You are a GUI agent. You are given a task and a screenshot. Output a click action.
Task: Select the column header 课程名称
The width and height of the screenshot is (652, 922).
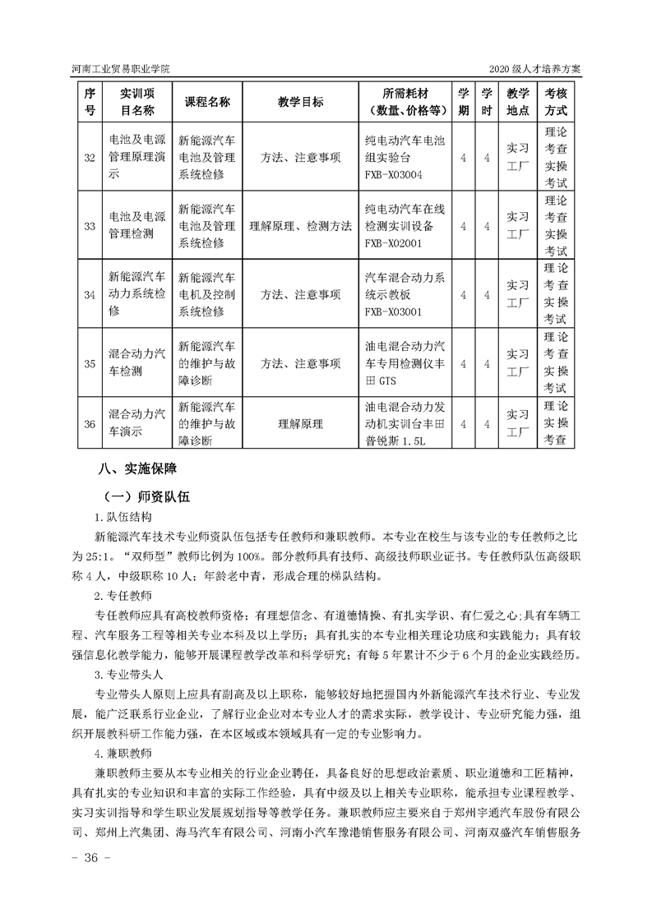(206, 102)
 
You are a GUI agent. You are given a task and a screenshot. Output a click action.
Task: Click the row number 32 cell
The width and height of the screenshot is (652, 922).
(90, 157)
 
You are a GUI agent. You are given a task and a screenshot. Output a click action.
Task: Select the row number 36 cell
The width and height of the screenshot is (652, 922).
(90, 424)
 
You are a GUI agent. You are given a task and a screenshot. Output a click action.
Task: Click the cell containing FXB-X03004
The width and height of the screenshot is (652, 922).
(405, 157)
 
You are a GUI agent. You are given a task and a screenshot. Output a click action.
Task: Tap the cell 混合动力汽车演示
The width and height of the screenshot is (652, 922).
(136, 424)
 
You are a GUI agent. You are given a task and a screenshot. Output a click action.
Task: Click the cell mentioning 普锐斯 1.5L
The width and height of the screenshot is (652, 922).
(405, 424)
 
